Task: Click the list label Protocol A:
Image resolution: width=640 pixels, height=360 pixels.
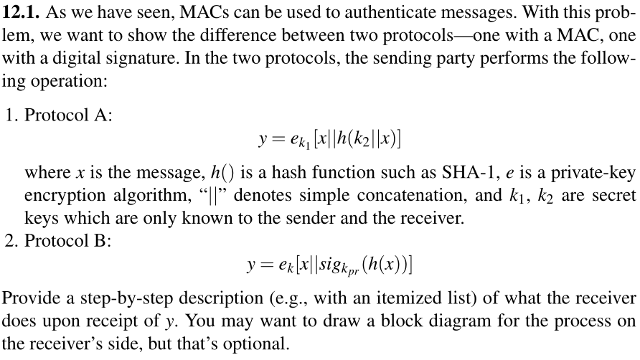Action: point(60,115)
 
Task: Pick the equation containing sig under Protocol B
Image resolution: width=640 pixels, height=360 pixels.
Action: point(329,267)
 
